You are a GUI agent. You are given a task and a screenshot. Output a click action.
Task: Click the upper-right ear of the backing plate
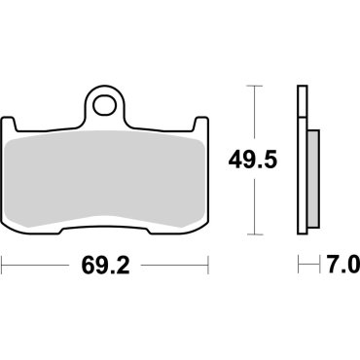coord(201,125)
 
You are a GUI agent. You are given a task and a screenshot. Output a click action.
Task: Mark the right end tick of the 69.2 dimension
coord(210,263)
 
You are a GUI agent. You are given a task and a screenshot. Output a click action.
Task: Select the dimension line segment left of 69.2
coord(39,263)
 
